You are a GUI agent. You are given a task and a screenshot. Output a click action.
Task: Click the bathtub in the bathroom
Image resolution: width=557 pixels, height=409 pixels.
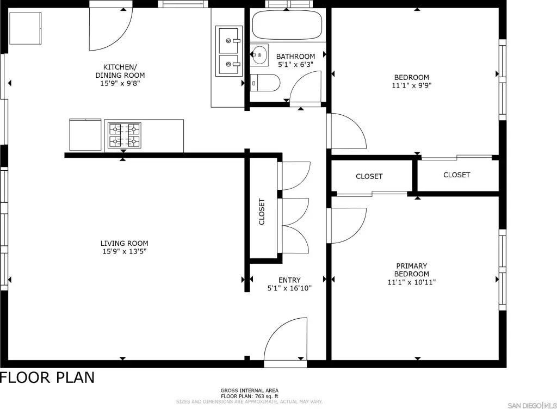pyautogui.click(x=287, y=25)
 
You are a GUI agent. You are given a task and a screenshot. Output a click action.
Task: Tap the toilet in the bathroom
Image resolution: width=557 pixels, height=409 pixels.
pyautogui.click(x=265, y=83)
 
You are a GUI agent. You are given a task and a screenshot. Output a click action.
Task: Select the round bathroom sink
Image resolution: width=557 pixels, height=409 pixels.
pyautogui.click(x=259, y=55)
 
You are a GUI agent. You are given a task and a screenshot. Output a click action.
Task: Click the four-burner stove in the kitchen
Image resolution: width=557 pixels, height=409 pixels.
pyautogui.click(x=125, y=135)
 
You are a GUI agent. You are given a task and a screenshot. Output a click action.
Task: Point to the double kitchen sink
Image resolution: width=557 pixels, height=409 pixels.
pyautogui.click(x=229, y=51)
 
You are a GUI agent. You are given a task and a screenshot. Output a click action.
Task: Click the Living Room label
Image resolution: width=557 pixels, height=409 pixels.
pyautogui.click(x=125, y=243)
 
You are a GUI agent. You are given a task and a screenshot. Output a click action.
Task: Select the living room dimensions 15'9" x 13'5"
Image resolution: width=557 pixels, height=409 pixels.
pyautogui.click(x=125, y=251)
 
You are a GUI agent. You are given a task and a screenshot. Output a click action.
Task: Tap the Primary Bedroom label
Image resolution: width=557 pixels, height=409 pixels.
pyautogui.click(x=412, y=270)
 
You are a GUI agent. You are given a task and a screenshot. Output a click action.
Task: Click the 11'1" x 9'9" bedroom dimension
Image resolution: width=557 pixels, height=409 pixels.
pyautogui.click(x=412, y=85)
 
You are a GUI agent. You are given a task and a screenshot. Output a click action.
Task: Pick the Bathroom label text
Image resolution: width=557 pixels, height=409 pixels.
pyautogui.click(x=295, y=57)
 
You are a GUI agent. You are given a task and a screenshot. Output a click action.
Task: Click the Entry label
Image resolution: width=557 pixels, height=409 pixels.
pyautogui.click(x=289, y=280)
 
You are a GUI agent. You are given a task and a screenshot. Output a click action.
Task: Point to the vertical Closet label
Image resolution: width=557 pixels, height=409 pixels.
pyautogui.click(x=262, y=212)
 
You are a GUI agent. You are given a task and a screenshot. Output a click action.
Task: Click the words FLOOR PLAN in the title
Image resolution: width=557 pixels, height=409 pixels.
pyautogui.click(x=48, y=377)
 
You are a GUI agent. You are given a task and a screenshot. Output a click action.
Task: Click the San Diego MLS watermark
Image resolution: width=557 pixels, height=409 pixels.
pyautogui.click(x=532, y=405)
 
